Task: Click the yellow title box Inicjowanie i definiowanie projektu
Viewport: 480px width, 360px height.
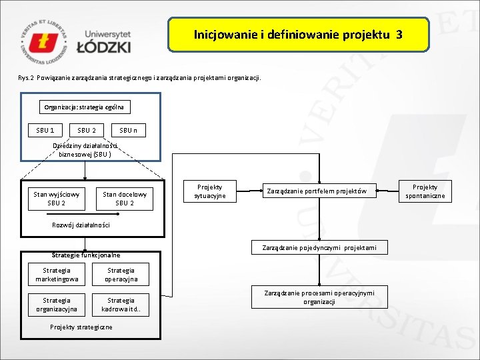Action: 297,35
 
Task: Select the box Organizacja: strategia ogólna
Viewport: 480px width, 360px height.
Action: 84,107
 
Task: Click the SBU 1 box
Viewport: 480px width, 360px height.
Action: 45,130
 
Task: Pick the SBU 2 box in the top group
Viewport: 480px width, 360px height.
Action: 87,130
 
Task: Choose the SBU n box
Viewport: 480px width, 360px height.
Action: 128,130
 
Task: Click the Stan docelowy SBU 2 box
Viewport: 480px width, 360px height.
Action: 125,199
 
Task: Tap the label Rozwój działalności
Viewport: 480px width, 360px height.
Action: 81,225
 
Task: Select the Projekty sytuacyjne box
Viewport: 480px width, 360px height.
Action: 210,191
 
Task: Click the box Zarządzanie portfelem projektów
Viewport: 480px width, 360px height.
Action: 317,191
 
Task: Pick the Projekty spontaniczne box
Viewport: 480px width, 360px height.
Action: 425,191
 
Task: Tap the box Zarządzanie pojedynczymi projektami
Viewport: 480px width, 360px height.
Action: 319,248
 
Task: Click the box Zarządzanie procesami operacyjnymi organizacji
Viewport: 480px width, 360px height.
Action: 319,297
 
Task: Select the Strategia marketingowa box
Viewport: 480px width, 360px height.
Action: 57,275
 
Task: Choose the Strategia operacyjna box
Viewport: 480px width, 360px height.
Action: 121,275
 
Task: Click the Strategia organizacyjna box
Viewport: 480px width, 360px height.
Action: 57,305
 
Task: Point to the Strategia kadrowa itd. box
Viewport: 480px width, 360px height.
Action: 121,305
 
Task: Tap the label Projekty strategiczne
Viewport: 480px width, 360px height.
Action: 81,327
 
